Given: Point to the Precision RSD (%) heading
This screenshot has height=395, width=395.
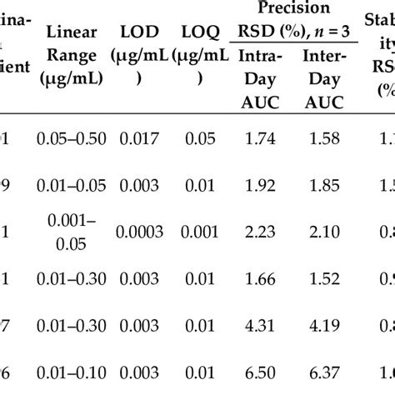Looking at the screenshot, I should tap(292, 18).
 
